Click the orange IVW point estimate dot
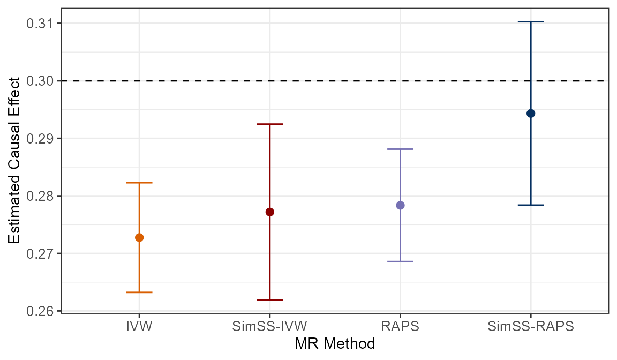click(x=139, y=237)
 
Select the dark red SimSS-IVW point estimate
click(x=270, y=212)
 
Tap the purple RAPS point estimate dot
click(x=400, y=205)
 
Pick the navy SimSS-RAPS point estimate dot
click(x=531, y=113)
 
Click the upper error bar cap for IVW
click(x=139, y=183)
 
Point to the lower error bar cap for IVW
click(x=139, y=292)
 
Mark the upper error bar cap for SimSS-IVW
click(x=270, y=124)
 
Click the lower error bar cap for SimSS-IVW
click(x=270, y=299)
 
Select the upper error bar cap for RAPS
click(x=400, y=149)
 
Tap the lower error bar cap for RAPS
click(x=400, y=261)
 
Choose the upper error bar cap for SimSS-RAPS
click(x=531, y=21)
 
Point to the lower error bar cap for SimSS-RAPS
click(x=531, y=205)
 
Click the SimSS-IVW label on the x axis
click(x=270, y=326)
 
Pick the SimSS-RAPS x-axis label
click(x=531, y=326)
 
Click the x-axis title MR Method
click(x=335, y=343)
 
